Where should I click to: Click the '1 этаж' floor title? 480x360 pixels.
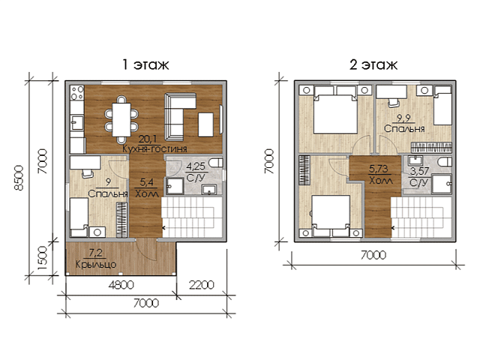pyautogui.click(x=145, y=64)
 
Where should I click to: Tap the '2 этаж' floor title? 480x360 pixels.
pyautogui.click(x=373, y=64)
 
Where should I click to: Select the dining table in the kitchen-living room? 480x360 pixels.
pyautogui.click(x=121, y=120)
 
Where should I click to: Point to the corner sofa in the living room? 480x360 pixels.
pyautogui.click(x=176, y=117)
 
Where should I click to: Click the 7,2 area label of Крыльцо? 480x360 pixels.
pyautogui.click(x=95, y=253)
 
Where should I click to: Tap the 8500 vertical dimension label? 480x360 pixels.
pyautogui.click(x=19, y=178)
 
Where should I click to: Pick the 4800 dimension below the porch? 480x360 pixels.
pyautogui.click(x=121, y=285)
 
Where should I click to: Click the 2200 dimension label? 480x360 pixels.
pyautogui.click(x=202, y=285)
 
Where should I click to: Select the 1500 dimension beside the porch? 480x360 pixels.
pyautogui.click(x=42, y=258)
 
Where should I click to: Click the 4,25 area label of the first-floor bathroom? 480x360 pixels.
pyautogui.click(x=196, y=166)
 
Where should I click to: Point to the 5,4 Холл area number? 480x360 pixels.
pyautogui.click(x=147, y=182)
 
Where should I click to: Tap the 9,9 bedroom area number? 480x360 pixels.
pyautogui.click(x=403, y=118)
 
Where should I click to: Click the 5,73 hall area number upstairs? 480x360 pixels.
pyautogui.click(x=379, y=169)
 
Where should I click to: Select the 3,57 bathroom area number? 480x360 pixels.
pyautogui.click(x=419, y=171)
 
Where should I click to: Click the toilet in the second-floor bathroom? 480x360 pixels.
pyautogui.click(x=445, y=162)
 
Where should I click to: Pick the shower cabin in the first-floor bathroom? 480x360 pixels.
pyautogui.click(x=175, y=186)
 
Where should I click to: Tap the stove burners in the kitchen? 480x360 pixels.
pyautogui.click(x=77, y=92)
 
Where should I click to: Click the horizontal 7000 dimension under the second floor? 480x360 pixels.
pyautogui.click(x=373, y=255)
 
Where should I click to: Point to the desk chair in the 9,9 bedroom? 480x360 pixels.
pyautogui.click(x=394, y=103)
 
